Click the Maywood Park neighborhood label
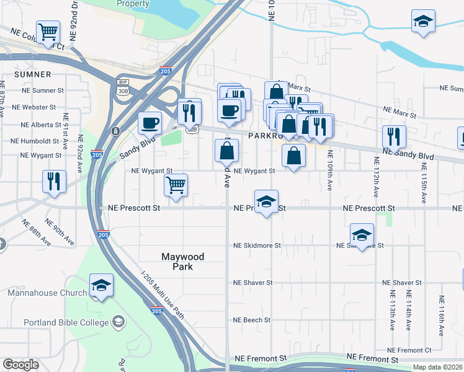[x=182, y=261]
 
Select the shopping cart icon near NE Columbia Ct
[x=48, y=32]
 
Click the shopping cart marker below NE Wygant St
[x=176, y=185]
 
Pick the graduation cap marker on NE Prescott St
[x=265, y=203]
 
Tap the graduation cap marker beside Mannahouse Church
[x=101, y=286]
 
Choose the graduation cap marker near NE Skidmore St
[x=362, y=235]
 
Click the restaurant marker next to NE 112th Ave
[x=394, y=136]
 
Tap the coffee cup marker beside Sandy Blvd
[x=149, y=123]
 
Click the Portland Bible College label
[x=66, y=322]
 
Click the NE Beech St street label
[x=252, y=320]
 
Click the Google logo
[x=20, y=365]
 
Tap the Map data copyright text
[x=437, y=367]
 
